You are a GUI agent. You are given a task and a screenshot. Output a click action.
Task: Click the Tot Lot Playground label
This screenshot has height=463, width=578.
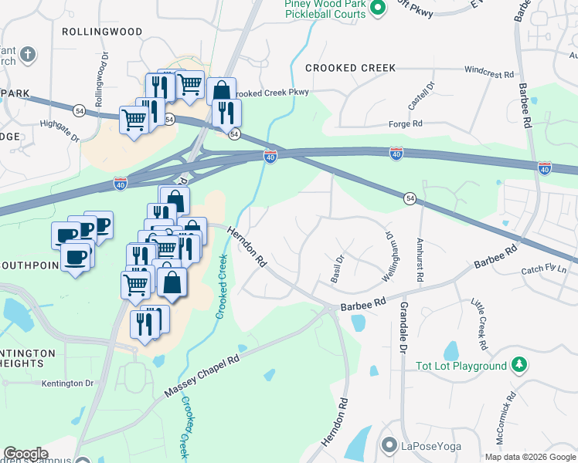pos(461,366)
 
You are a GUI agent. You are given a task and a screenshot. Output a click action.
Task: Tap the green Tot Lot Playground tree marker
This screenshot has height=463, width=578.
pos(521,364)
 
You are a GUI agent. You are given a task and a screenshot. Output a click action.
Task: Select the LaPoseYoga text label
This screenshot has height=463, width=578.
pos(431,445)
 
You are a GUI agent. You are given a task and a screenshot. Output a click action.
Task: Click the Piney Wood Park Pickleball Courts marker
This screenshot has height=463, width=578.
pos(377,8)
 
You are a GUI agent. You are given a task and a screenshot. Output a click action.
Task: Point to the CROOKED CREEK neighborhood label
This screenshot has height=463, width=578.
pos(351,68)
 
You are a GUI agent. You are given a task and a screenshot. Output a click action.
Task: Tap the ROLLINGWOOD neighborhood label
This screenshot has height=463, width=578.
pos(103,32)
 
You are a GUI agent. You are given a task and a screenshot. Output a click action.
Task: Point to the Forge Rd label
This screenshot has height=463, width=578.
pos(406,123)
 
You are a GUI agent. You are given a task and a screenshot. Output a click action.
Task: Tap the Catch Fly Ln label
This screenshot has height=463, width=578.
pos(543,270)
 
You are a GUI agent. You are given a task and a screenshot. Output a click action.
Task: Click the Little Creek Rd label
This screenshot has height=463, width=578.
pos(481,326)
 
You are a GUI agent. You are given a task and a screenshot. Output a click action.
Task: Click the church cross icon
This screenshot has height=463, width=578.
pos(27,55)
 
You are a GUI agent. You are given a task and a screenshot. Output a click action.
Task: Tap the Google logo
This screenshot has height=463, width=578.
pos(25,454)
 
